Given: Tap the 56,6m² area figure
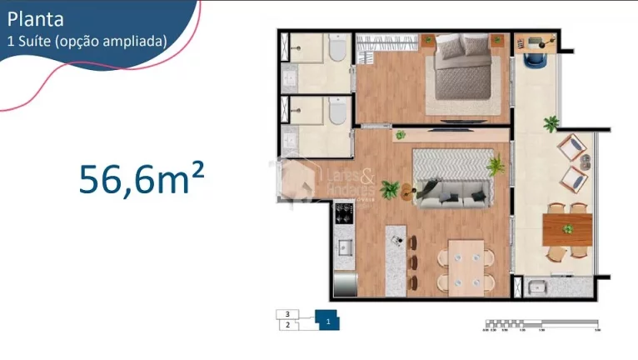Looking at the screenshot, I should pyautogui.click(x=142, y=179).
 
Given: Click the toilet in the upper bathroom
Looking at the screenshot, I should pyautogui.click(x=336, y=52).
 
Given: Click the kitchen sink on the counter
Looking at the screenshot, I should pyautogui.click(x=343, y=247).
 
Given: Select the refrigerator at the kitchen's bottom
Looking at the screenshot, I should pyautogui.click(x=345, y=282).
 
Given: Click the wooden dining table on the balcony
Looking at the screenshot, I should pyautogui.click(x=567, y=227).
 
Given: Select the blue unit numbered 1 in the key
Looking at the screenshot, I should pyautogui.click(x=328, y=320).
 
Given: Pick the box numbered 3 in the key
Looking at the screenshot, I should pyautogui.click(x=287, y=314).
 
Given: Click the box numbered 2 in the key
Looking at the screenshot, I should pyautogui.click(x=287, y=325).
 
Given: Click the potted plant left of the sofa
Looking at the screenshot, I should pyautogui.click(x=387, y=190).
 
